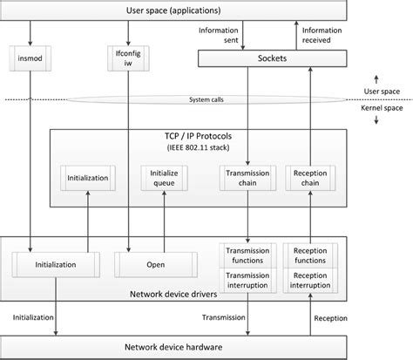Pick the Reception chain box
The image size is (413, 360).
pos(310,178)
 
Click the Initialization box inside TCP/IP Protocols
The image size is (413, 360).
pos(87,178)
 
